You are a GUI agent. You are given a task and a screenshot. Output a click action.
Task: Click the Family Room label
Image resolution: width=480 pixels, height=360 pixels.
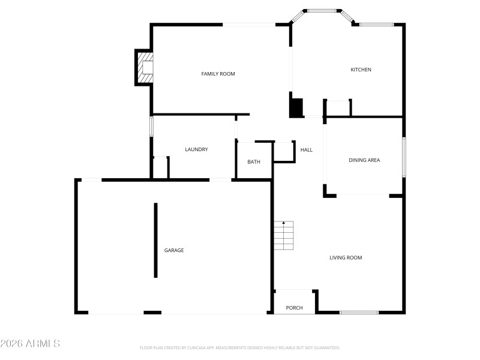218,74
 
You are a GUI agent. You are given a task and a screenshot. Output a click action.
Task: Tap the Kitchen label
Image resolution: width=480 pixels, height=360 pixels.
361,70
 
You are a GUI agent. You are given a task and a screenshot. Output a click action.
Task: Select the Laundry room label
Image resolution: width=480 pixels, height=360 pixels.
196,149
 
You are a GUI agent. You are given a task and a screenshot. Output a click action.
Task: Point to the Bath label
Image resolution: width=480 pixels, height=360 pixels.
254,161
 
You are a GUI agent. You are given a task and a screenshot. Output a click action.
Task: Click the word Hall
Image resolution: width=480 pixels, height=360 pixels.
306,149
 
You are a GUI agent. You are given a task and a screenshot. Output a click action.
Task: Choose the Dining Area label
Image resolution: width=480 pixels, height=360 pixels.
364,160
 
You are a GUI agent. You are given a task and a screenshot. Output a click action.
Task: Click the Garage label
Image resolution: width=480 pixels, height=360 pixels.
174,250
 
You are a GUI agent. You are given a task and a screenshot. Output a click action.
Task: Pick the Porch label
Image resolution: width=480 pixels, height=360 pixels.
294,308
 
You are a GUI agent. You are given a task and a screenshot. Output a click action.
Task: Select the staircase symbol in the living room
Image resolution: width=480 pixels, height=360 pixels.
284,235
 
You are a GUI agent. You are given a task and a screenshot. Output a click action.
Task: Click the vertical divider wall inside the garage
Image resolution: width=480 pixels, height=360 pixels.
156,240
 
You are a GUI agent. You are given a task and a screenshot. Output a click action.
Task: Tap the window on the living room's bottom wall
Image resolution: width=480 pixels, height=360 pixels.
359,312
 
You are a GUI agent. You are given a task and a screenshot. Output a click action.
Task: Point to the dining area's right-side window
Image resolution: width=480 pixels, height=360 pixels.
404,157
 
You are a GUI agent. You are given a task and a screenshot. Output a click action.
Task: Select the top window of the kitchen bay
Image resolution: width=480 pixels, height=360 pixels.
322,10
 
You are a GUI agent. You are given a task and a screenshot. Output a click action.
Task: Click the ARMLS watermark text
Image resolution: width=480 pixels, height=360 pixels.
30,344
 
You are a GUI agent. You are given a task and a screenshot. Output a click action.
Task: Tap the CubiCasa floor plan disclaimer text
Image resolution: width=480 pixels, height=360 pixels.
239,347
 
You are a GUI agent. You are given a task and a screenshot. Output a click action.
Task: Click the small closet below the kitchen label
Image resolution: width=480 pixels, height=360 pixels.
337,108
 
